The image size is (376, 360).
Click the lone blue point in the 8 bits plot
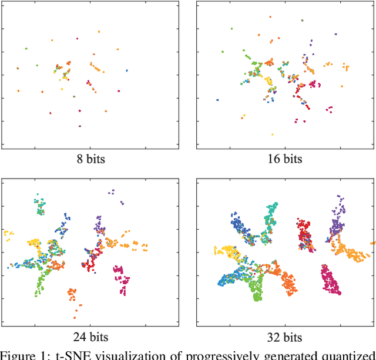[x=126, y=70]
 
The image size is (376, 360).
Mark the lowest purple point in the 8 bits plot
[x=80, y=126]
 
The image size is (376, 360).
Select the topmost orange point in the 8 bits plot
[x=99, y=32]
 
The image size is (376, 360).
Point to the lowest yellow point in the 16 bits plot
[x=272, y=134]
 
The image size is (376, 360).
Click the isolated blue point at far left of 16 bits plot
[x=217, y=100]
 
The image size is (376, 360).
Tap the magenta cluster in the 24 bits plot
[x=122, y=278]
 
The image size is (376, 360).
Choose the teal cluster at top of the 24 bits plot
[x=39, y=205]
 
